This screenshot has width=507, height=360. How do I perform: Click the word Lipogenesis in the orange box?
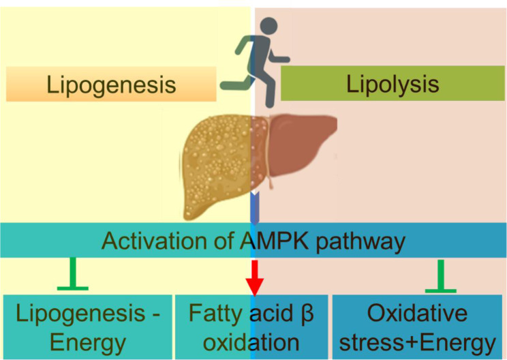[x=111, y=85]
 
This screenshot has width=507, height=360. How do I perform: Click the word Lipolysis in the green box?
[x=392, y=85]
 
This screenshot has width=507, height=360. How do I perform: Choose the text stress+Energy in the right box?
[x=417, y=340]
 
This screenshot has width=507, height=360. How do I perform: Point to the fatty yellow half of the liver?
[x=217, y=153]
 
